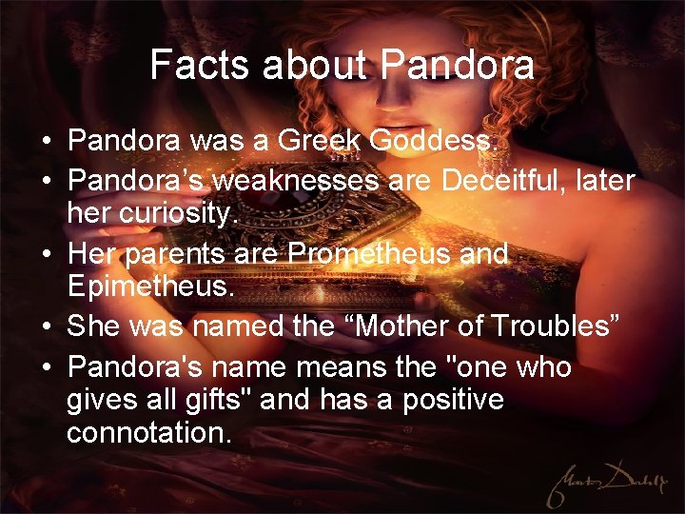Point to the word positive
click(x=445, y=399)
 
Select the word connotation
click(x=147, y=434)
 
